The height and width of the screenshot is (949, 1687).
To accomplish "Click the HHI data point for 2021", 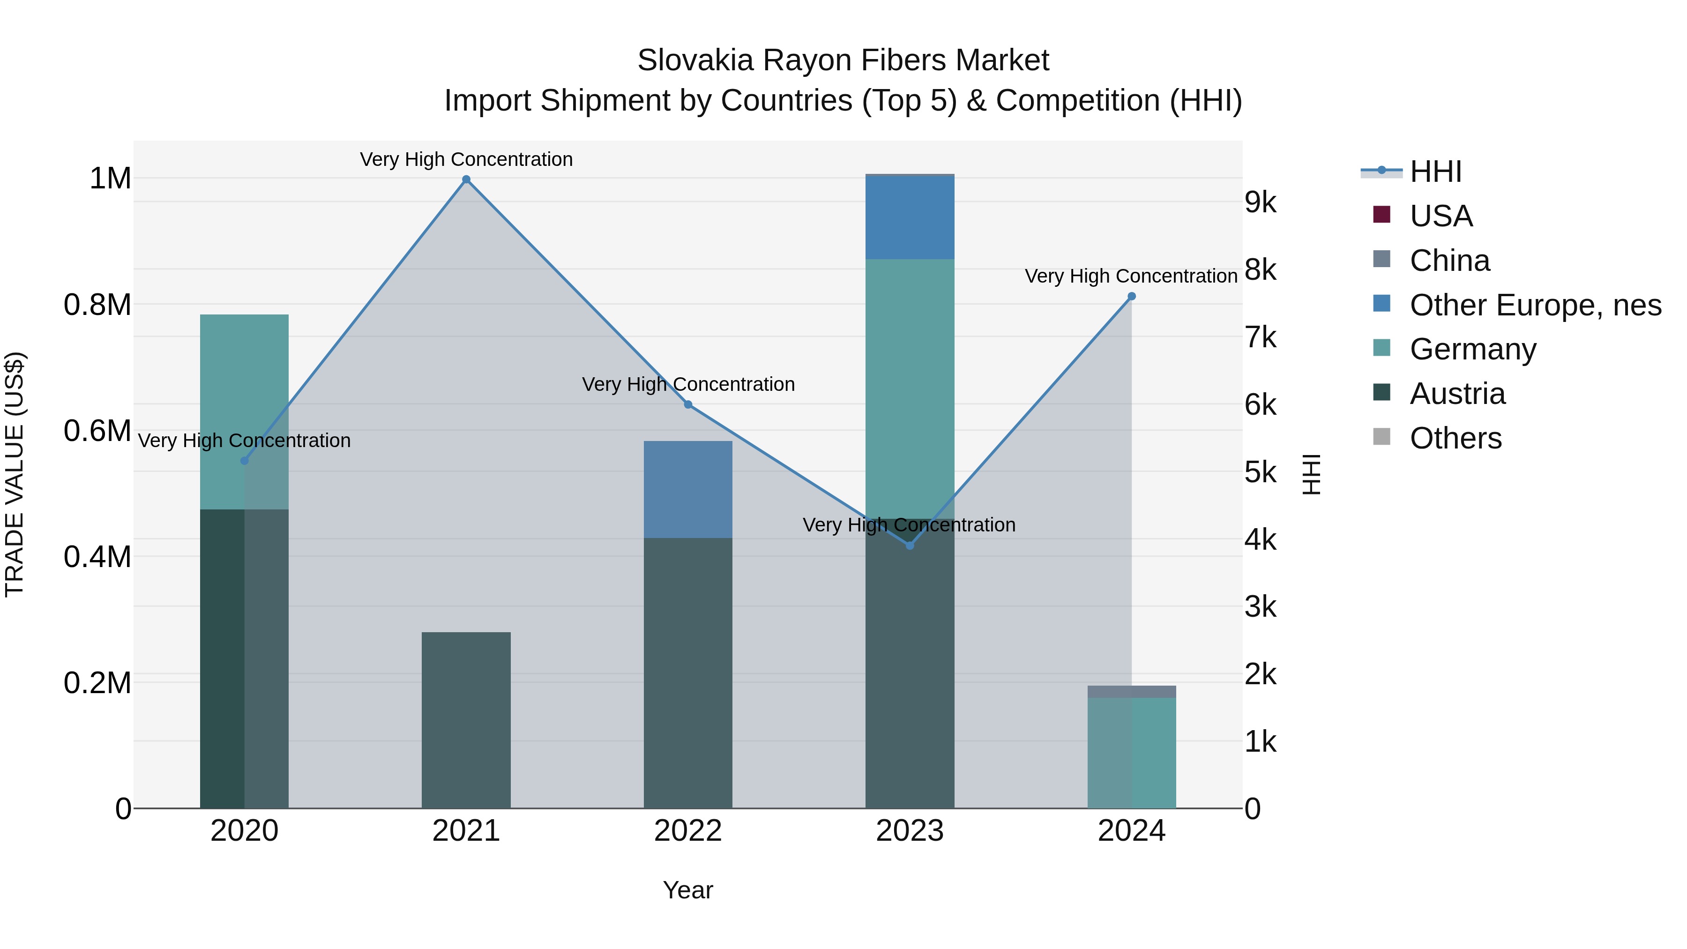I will click(x=466, y=179).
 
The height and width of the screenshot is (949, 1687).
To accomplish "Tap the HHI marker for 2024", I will click(x=1131, y=297).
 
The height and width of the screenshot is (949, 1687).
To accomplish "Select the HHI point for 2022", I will click(x=687, y=405).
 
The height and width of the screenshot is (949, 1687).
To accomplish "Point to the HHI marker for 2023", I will click(x=910, y=545).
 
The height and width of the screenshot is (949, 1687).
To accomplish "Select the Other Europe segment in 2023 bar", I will click(x=910, y=217).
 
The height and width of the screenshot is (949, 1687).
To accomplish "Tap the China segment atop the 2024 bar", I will click(x=1131, y=692).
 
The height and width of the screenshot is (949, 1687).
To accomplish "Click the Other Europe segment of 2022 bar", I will click(x=687, y=489).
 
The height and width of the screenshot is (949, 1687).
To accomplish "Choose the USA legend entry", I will click(x=1441, y=216).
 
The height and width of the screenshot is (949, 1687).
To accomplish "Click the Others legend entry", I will click(x=1455, y=438).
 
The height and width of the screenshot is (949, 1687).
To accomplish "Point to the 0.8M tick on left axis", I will click(x=97, y=305).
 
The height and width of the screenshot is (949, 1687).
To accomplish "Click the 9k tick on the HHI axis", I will click(x=1261, y=202).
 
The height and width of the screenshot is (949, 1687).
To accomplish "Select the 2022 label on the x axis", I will click(x=687, y=831).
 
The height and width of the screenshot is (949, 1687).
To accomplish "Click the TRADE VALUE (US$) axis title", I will click(x=15, y=474).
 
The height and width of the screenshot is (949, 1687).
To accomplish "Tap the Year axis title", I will click(x=687, y=890).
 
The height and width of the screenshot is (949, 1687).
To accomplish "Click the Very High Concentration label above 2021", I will click(x=466, y=159).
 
